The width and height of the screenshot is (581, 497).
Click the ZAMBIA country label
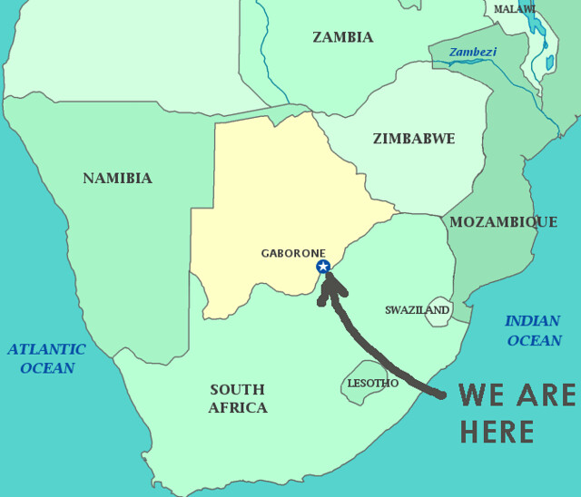click(342, 37)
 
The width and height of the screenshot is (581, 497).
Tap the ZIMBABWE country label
click(414, 139)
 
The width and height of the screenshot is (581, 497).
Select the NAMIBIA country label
click(117, 178)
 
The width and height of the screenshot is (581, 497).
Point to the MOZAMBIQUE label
click(504, 222)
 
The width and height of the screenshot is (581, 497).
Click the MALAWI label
click(515, 9)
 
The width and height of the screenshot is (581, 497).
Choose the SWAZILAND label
click(417, 310)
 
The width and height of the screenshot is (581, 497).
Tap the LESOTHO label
click(372, 384)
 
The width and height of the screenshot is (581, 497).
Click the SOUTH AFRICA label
click(238, 399)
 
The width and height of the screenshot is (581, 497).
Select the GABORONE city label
click(292, 253)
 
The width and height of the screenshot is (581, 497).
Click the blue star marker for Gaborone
click(322, 267)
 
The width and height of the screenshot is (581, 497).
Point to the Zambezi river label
click(472, 53)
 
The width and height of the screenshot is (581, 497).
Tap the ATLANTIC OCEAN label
click(46, 358)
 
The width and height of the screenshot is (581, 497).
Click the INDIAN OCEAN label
click(533, 331)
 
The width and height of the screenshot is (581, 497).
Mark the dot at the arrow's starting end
click(442, 395)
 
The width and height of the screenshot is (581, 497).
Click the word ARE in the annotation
click(547, 395)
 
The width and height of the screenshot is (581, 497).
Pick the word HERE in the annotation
click(497, 432)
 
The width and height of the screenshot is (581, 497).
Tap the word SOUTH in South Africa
click(237, 390)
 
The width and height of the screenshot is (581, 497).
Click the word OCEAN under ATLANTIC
click(47, 368)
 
